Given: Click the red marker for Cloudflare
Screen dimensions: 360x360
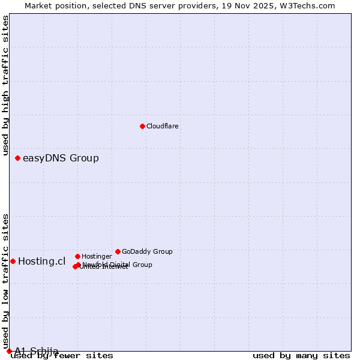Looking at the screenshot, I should [142, 126].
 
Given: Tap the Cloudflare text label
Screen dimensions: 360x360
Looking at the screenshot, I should [163, 127].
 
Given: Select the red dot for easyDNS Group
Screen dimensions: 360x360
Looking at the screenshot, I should [17, 158].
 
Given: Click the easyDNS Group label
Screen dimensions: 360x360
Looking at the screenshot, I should [61, 158].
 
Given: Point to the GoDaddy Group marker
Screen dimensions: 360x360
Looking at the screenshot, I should [118, 251].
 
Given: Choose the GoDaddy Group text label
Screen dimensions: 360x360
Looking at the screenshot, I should [147, 252].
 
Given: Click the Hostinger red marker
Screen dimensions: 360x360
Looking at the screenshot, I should [77, 256].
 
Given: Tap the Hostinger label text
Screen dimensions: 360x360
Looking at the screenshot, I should [97, 257].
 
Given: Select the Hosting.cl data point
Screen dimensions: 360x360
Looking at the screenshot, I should [13, 261].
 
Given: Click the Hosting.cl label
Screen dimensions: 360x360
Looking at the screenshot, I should [41, 261].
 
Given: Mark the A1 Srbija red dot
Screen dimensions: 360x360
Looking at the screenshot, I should [9, 351].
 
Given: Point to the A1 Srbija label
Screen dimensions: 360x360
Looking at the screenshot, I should [37, 351].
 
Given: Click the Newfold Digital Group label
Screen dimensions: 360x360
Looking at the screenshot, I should [118, 265].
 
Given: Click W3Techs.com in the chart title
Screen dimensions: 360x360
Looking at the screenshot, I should [306, 5].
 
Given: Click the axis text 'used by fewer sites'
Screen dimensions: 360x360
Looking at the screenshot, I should [62, 356].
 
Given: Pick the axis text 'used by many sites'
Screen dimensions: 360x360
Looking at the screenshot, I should [301, 356].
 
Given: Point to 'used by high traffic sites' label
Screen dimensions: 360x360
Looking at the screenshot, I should [6, 86].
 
